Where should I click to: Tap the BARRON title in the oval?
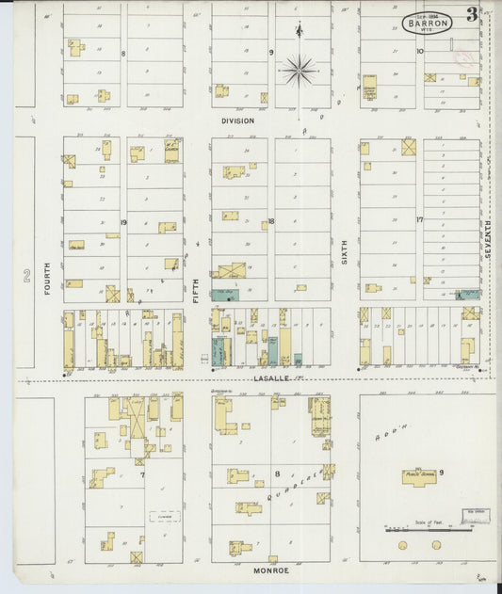[x=427, y=24]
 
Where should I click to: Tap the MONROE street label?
[x=269, y=570]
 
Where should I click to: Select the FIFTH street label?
[x=197, y=287]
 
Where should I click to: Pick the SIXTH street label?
[x=345, y=249]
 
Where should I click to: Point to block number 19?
[x=123, y=222]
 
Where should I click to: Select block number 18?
[x=270, y=222]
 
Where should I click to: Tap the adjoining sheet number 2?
[x=26, y=276]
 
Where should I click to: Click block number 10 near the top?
[x=420, y=52]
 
